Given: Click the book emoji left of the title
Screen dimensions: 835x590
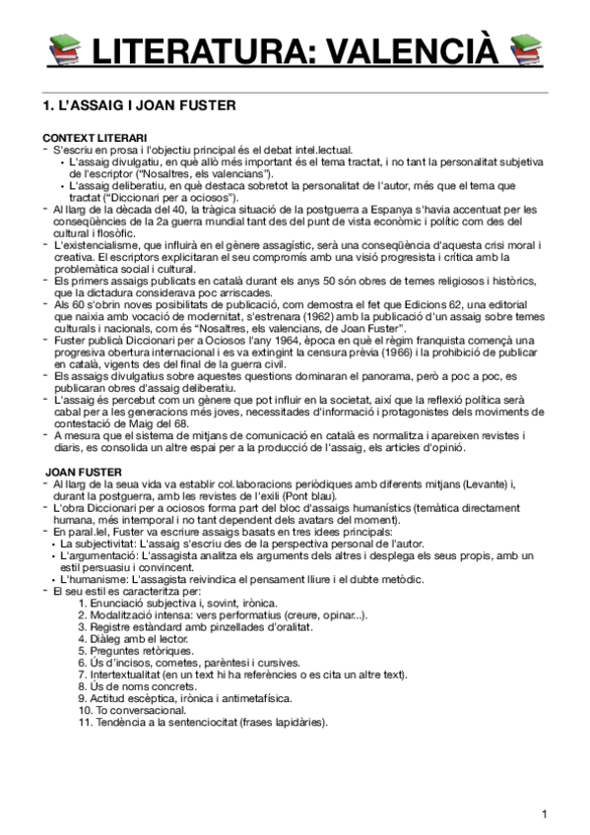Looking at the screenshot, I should (x=64, y=48).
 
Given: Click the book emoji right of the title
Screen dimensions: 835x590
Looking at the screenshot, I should (x=527, y=48).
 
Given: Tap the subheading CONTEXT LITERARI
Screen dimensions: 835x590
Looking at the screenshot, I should (x=96, y=136).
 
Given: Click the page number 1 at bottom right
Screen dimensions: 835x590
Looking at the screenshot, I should (x=544, y=813).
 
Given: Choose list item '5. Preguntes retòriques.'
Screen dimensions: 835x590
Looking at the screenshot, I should (x=136, y=651).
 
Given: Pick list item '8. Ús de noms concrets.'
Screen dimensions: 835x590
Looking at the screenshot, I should (x=135, y=686).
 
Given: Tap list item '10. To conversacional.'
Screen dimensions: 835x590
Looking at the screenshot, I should (x=133, y=710).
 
